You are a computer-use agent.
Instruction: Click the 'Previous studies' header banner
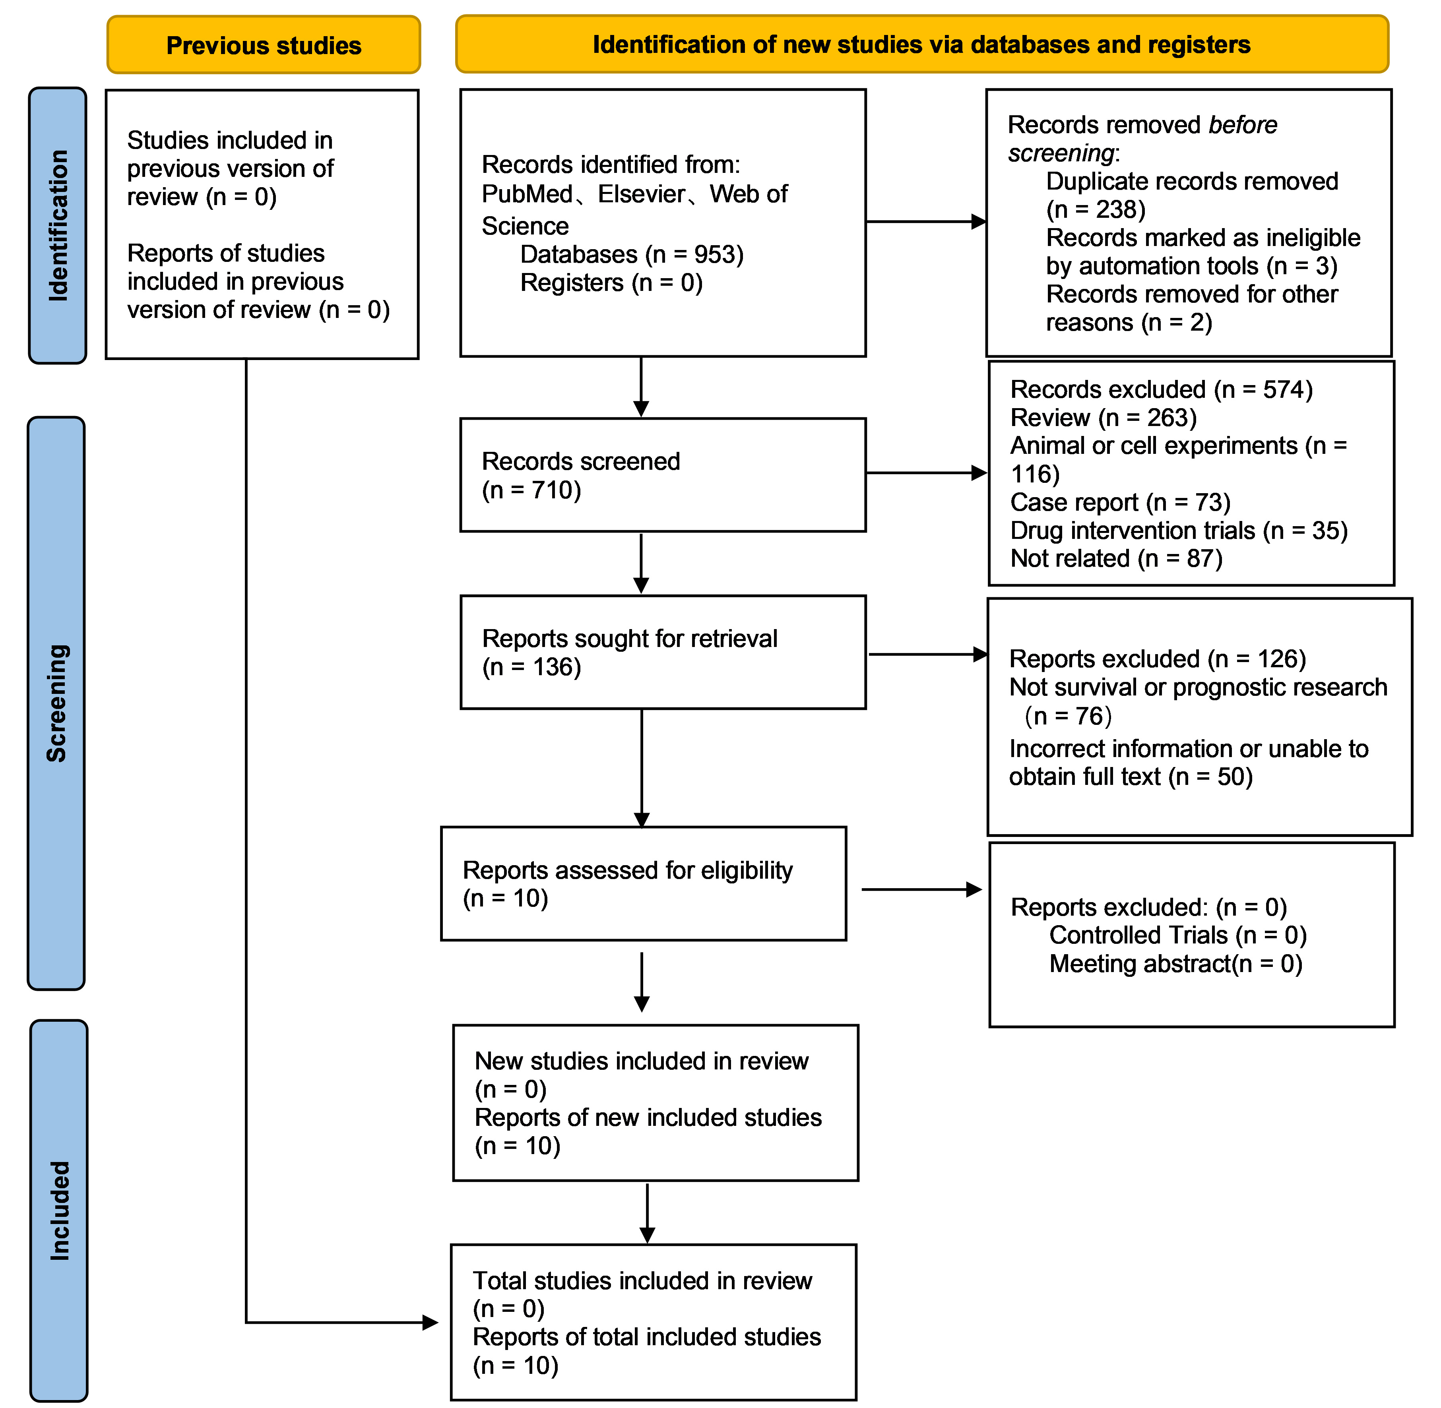pyautogui.click(x=263, y=45)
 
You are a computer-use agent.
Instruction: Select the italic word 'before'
pyautogui.click(x=1243, y=125)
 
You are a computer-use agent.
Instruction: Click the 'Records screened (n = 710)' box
pyautogui.click(x=663, y=475)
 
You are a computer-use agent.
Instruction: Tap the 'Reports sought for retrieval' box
pyautogui.click(x=663, y=652)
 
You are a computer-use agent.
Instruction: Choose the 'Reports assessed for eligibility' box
pyautogui.click(x=644, y=884)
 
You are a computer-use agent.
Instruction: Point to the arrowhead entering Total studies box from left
pyautogui.click(x=431, y=1322)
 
